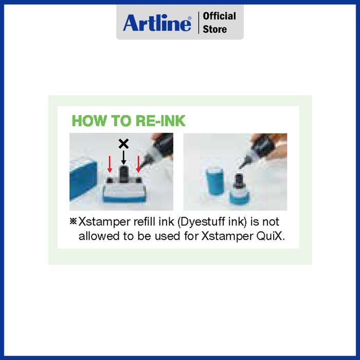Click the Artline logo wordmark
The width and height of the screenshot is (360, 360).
[157, 23]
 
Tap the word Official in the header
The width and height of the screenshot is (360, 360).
[220, 16]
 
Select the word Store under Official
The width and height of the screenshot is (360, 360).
[214, 29]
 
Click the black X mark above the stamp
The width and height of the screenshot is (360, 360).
[123, 143]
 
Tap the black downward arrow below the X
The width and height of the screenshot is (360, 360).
[123, 157]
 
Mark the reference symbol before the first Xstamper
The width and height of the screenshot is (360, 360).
[73, 222]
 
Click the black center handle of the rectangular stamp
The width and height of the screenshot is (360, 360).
[123, 173]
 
